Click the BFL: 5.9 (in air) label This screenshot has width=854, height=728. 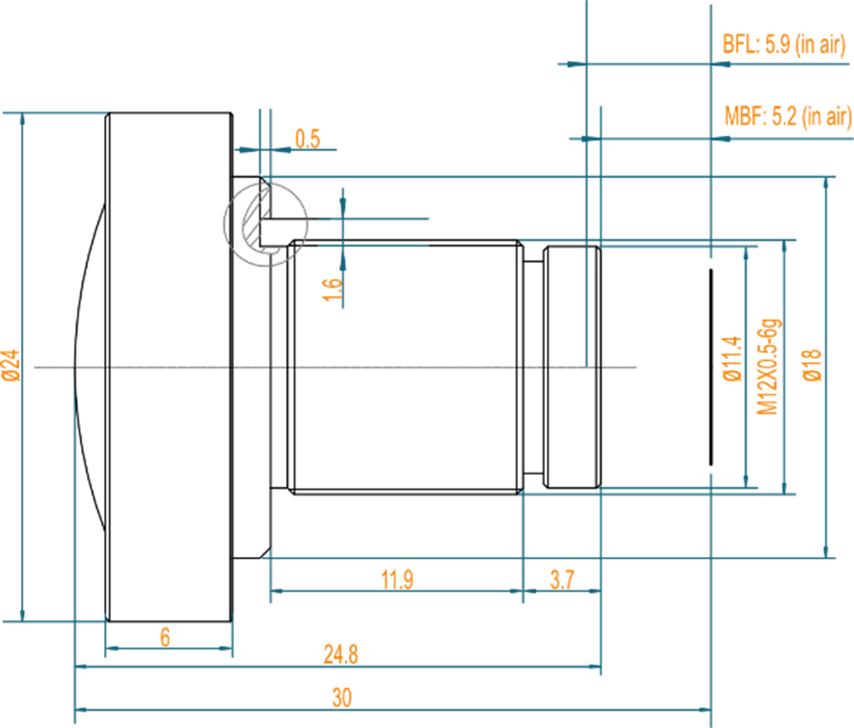click(784, 45)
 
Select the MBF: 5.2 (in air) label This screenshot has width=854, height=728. click(787, 116)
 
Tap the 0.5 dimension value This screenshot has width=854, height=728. click(307, 139)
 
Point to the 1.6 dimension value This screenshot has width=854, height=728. click(332, 289)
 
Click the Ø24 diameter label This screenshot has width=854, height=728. click(11, 365)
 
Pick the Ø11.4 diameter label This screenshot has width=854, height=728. click(732, 358)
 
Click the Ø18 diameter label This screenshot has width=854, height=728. click(812, 364)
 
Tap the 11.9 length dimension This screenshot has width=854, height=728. click(397, 579)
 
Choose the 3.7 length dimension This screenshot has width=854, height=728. click(562, 579)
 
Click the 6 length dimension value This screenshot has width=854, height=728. click(165, 637)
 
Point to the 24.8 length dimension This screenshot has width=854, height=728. click(340, 654)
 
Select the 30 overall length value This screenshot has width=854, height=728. click(341, 698)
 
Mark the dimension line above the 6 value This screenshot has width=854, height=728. click(169, 649)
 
